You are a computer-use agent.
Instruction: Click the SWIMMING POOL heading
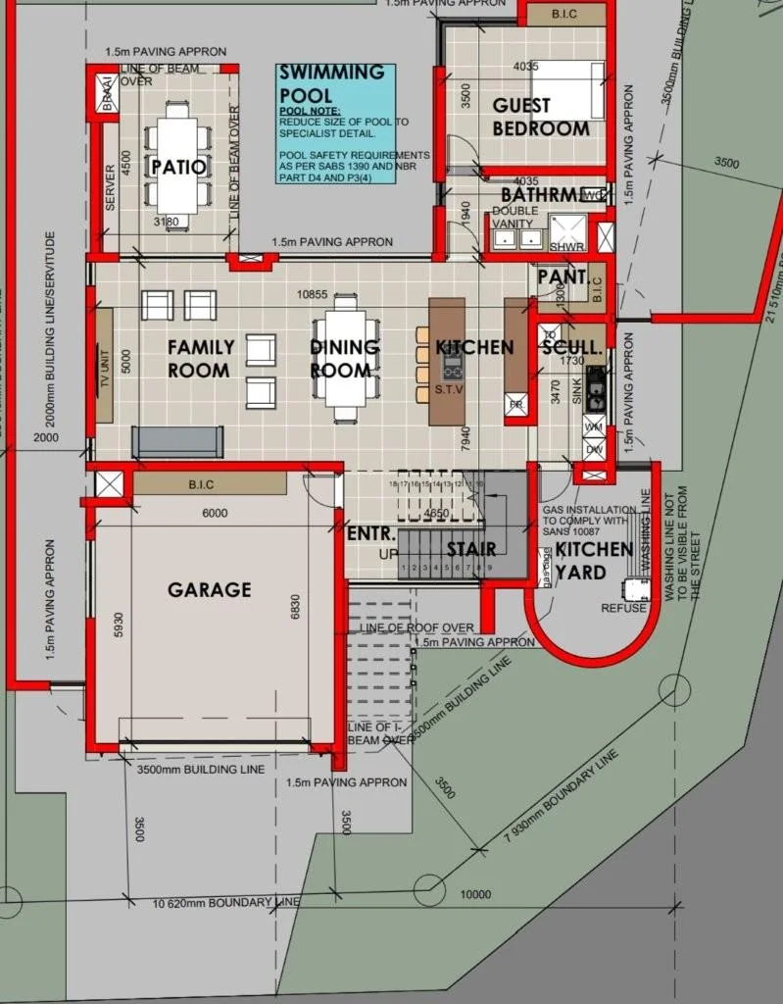pos(331,84)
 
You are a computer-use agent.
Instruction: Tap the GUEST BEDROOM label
pos(541,117)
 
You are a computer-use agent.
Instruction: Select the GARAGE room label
pos(209,589)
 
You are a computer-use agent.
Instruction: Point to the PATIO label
pos(179,167)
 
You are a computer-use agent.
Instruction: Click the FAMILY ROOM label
pos(200,358)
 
